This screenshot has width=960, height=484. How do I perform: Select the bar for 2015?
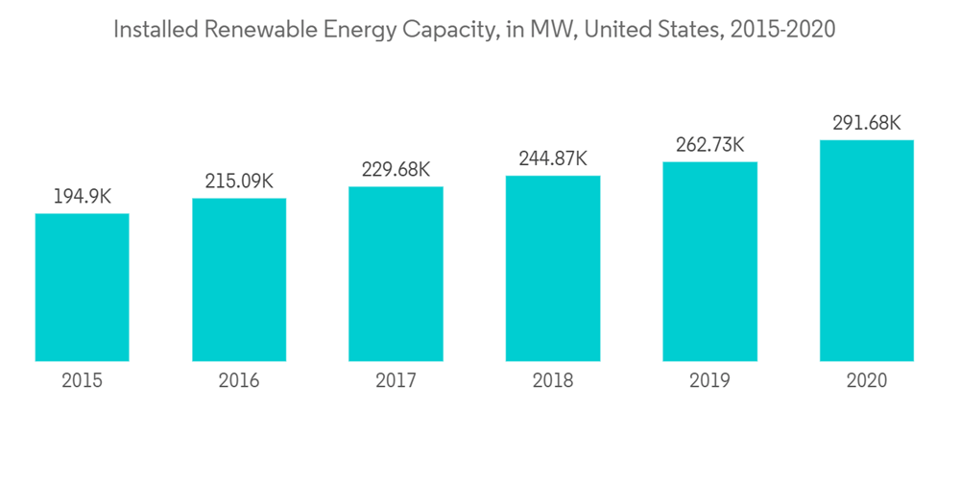pyautogui.click(x=83, y=287)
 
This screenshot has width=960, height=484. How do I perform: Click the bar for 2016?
pyautogui.click(x=239, y=279)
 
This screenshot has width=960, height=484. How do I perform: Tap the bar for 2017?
pyautogui.click(x=396, y=274)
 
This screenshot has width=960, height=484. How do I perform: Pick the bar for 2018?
pyautogui.click(x=553, y=268)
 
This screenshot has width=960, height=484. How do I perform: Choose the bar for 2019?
pyautogui.click(x=709, y=261)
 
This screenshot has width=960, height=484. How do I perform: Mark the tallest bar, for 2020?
pyautogui.click(x=866, y=251)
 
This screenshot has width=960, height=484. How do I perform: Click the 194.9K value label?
pyautogui.click(x=83, y=196)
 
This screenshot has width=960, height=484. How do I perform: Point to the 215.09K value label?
pyautogui.click(x=239, y=181)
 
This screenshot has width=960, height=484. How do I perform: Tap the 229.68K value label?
pyautogui.click(x=396, y=169)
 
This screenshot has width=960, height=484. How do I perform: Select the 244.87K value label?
pyautogui.click(x=553, y=158)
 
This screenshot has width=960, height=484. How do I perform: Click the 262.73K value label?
pyautogui.click(x=709, y=144)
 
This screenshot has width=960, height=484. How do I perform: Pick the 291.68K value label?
pyautogui.click(x=866, y=123)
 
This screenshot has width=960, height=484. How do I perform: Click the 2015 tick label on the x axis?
pyautogui.click(x=83, y=381)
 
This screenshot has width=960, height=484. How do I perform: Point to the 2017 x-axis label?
pyautogui.click(x=396, y=381)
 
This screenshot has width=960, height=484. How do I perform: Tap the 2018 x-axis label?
pyautogui.click(x=553, y=381)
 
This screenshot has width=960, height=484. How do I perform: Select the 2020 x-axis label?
pyautogui.click(x=866, y=381)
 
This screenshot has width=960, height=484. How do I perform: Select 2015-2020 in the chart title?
pyautogui.click(x=782, y=30)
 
